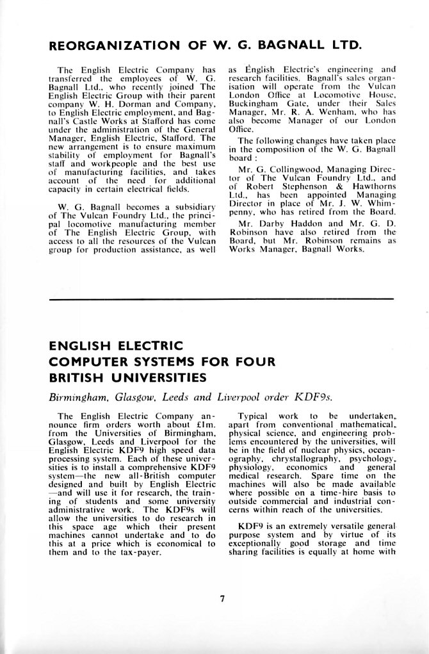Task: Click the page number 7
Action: point(222,599)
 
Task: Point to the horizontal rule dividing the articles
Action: point(222,299)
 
